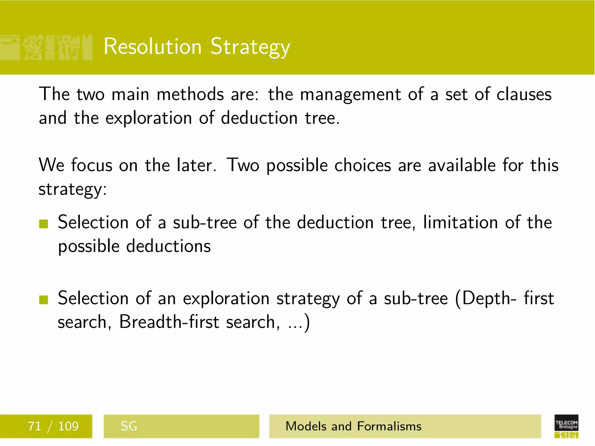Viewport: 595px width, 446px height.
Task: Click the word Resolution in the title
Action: (153, 46)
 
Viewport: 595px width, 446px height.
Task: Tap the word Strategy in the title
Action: (250, 47)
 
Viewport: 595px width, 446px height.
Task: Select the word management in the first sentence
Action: (350, 95)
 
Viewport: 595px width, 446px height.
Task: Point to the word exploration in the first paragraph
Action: (148, 118)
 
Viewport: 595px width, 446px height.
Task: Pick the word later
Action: (196, 165)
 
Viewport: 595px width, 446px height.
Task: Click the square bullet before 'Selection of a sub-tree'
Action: (44, 224)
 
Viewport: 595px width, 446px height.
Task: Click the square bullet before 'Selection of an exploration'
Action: (44, 300)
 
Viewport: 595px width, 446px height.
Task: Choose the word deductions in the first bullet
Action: (169, 246)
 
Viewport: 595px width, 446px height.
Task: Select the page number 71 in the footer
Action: (35, 426)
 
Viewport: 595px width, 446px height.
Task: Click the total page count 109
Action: (68, 426)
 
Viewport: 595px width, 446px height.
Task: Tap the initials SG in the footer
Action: (129, 426)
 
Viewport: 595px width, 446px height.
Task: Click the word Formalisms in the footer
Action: (389, 426)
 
